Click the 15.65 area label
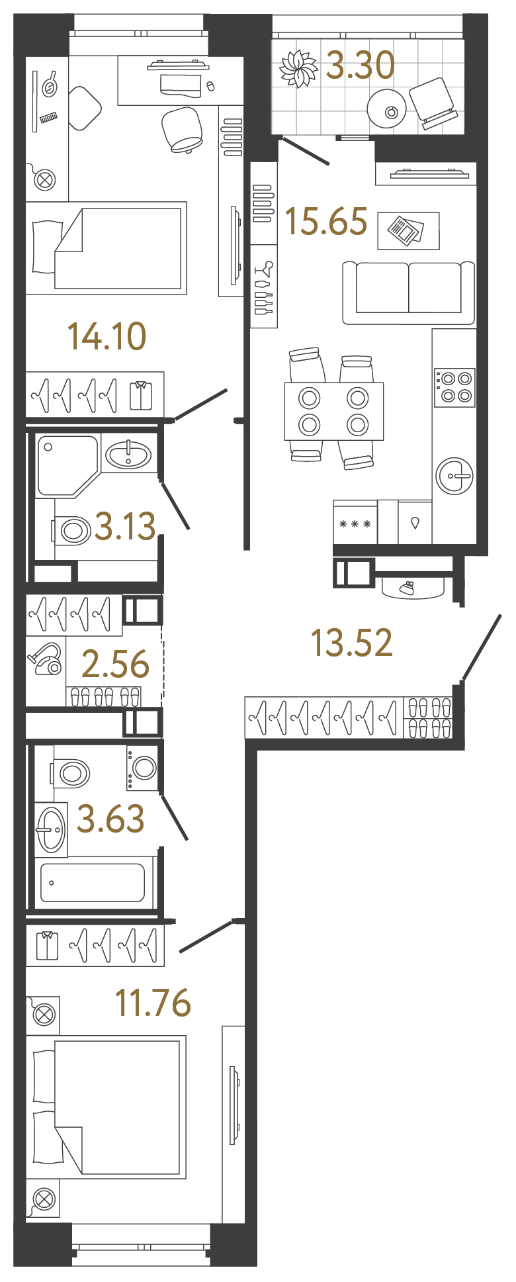(x=326, y=222)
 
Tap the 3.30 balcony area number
(x=361, y=66)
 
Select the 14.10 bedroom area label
(x=107, y=336)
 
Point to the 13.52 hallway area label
(x=352, y=643)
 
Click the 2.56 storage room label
(x=116, y=664)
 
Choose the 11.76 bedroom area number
(x=153, y=1003)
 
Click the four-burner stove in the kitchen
(x=455, y=387)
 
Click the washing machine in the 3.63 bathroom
(x=144, y=768)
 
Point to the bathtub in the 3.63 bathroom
(x=93, y=882)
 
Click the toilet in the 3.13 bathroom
(x=73, y=529)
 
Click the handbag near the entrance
(x=413, y=588)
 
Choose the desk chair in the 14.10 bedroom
(x=183, y=130)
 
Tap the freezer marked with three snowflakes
(x=355, y=524)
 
